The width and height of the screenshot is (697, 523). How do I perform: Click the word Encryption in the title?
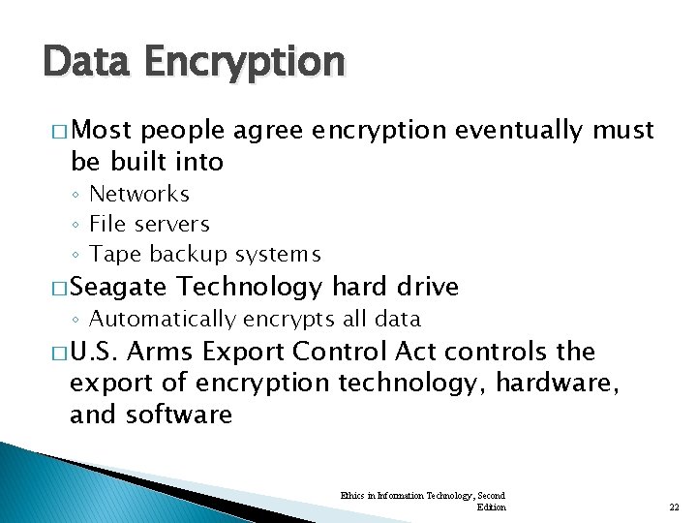(244, 62)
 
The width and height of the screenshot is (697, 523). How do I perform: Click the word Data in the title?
(86, 62)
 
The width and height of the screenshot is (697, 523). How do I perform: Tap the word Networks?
(139, 194)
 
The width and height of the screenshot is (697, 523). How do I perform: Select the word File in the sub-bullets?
(106, 224)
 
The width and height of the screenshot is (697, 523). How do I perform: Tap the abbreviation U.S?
(95, 351)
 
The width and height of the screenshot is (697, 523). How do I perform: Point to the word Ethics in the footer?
(351, 495)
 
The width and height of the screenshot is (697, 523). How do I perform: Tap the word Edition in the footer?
(491, 507)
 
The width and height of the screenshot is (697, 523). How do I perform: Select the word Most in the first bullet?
(104, 130)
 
